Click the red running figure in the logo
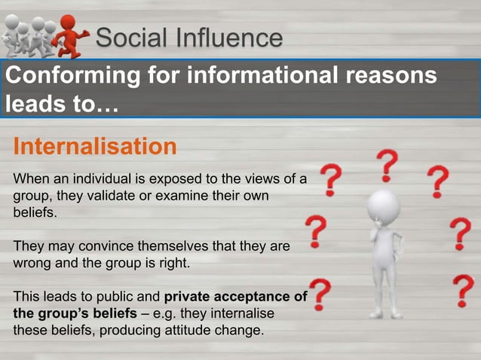pyautogui.click(x=74, y=35)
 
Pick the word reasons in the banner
pyautogui.click(x=393, y=76)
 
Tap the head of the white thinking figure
pyautogui.click(x=384, y=204)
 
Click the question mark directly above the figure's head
pyautogui.click(x=388, y=164)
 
